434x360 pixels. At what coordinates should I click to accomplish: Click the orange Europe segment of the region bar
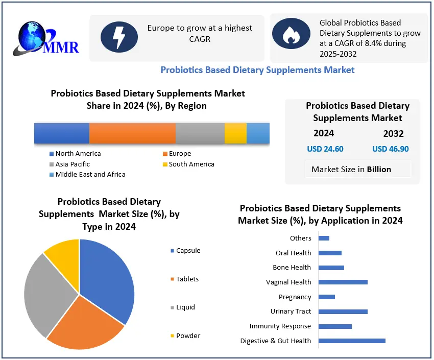[132, 133]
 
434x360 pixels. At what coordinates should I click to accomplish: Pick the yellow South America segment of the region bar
[235, 133]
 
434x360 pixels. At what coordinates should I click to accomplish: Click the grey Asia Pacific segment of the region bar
[200, 133]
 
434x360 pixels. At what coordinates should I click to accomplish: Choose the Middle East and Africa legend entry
[90, 175]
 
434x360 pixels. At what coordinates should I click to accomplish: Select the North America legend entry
[78, 154]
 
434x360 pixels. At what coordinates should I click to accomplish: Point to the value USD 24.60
[325, 149]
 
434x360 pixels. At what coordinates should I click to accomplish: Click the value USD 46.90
[391, 149]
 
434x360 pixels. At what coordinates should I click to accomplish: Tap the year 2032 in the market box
[393, 134]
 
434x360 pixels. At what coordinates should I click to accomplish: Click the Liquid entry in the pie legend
[185, 307]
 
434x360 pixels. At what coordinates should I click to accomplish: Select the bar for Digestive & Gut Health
[352, 341]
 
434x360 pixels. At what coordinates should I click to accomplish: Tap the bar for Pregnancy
[326, 297]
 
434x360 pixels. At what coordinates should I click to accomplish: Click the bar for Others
[324, 238]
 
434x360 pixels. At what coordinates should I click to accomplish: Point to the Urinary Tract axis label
[291, 311]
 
